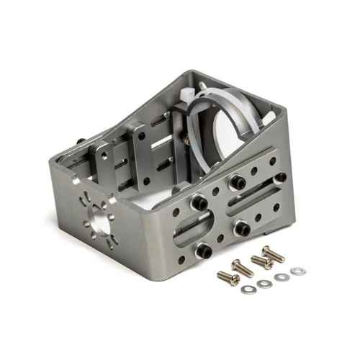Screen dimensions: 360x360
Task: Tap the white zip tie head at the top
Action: pos(187,94)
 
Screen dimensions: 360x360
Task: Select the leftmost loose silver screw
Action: pos(228,277)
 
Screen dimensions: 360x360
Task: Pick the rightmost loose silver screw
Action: pos(273,253)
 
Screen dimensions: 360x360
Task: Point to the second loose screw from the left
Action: pos(243,268)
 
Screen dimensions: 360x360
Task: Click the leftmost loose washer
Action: pos(249,289)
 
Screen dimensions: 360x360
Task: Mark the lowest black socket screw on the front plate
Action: pos(205,251)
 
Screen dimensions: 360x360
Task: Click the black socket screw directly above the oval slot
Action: pos(199,204)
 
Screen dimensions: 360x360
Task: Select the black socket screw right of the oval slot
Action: pos(241,229)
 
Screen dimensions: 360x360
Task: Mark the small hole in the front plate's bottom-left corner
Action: pos(181,259)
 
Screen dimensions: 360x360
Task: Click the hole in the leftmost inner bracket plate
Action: pos(105,156)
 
